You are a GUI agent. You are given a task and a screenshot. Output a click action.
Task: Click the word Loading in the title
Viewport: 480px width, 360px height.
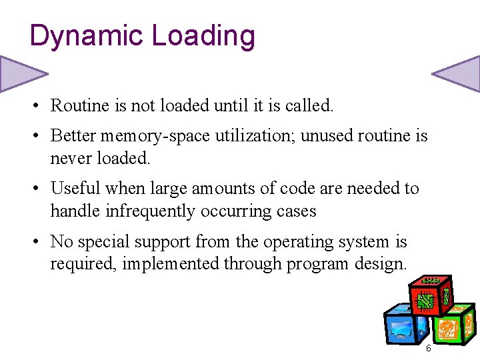point(203,36)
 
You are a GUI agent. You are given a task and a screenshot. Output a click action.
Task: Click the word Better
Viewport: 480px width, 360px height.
point(73,136)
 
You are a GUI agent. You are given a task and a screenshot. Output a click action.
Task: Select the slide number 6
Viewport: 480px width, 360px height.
point(428,349)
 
